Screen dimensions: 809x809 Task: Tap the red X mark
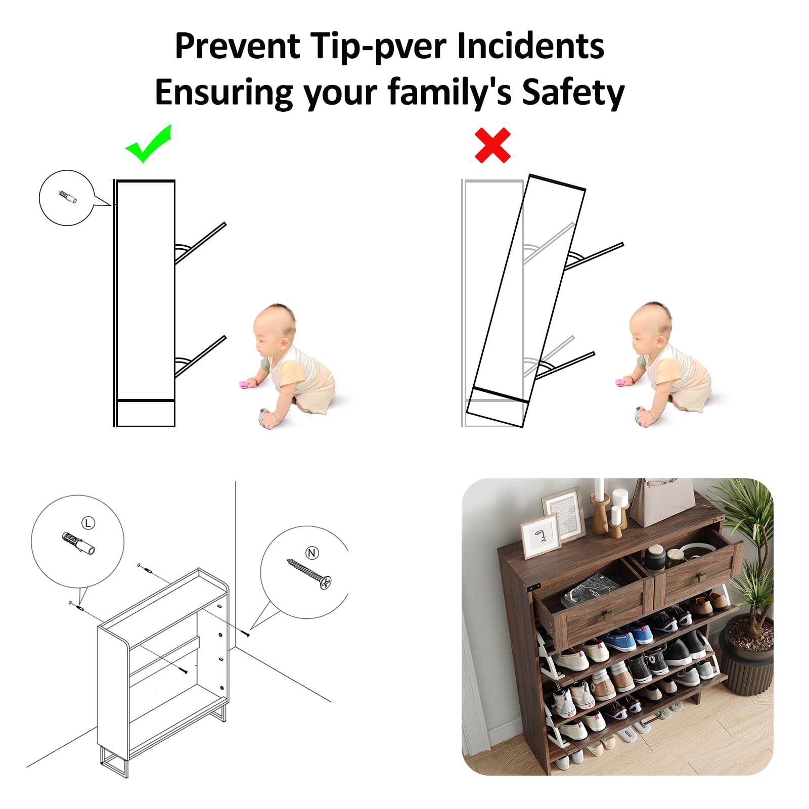(x=492, y=146)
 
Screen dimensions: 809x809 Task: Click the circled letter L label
(x=88, y=523)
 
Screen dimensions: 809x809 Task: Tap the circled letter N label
(x=312, y=553)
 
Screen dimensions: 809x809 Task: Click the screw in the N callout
(x=309, y=574)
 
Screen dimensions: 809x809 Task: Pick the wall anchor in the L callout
(x=78, y=544)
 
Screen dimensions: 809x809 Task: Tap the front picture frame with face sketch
(x=541, y=536)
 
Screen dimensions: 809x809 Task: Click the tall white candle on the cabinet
(x=599, y=490)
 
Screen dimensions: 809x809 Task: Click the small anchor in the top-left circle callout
(x=67, y=197)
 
